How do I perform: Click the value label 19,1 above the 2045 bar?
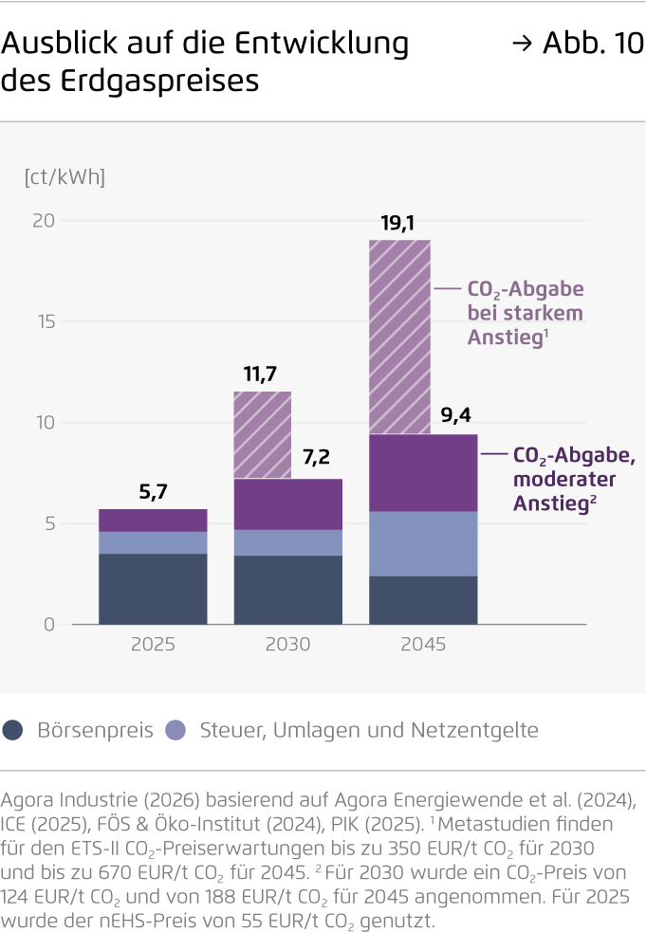(398, 224)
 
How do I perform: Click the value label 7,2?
(316, 459)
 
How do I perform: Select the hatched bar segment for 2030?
(263, 435)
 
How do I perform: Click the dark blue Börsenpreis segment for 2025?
(153, 589)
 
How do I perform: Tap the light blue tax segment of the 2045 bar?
(423, 543)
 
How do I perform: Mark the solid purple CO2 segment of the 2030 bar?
(287, 504)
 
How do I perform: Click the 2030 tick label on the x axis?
(287, 645)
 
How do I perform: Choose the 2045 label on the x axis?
(423, 645)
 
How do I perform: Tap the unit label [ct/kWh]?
(65, 176)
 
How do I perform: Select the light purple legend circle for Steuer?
(175, 730)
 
